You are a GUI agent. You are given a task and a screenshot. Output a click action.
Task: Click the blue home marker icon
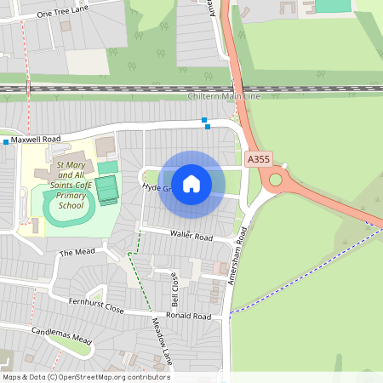pyautogui.click(x=191, y=183)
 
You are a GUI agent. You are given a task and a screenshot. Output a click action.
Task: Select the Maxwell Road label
pyautogui.click(x=36, y=139)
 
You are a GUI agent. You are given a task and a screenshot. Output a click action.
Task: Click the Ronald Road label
pyautogui.click(x=188, y=316)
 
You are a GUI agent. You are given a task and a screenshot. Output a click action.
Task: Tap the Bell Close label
pyautogui.click(x=175, y=289)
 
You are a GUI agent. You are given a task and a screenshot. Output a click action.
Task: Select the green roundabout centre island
pyautogui.click(x=276, y=180)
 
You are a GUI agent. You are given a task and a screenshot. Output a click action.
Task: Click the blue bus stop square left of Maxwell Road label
pyautogui.click(x=5, y=141)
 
